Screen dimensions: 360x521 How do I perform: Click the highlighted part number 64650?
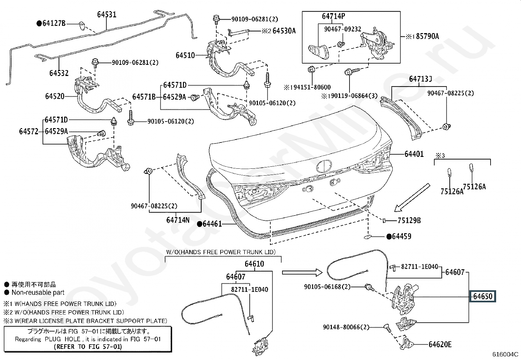click(483, 296)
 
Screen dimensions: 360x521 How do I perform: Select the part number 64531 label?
click(107, 15)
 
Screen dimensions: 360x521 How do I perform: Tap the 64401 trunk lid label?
click(414, 154)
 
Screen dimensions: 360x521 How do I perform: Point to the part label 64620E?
click(440, 344)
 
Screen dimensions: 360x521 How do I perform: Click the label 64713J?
click(421, 79)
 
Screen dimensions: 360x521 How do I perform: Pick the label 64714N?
click(178, 220)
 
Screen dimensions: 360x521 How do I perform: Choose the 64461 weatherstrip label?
click(212, 224)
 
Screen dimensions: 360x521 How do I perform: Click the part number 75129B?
click(409, 220)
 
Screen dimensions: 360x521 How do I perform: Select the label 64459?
click(402, 236)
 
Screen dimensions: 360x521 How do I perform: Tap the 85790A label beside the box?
click(427, 36)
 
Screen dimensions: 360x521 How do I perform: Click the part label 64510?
click(185, 55)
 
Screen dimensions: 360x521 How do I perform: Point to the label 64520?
click(55, 96)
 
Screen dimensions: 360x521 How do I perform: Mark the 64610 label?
click(254, 264)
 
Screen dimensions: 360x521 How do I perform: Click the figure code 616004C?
click(506, 354)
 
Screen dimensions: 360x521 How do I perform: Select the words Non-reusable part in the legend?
click(38, 293)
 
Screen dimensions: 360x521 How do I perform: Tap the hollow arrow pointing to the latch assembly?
click(303, 272)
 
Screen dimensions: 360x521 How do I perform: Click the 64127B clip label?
click(54, 23)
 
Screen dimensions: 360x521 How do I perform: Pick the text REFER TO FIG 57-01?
click(88, 347)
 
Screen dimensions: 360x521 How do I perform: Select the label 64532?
click(59, 73)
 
